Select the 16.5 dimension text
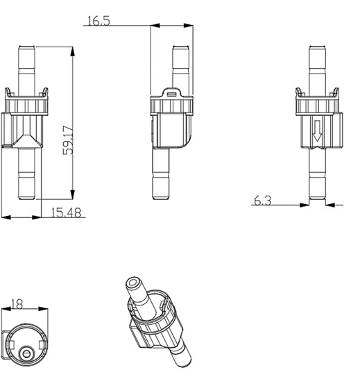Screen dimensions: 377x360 (x=98, y=22)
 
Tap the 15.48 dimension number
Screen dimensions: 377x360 (x=67, y=213)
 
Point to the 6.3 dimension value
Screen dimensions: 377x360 (x=263, y=201)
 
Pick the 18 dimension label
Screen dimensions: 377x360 (x=17, y=304)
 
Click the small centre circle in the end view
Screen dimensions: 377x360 (x=27, y=353)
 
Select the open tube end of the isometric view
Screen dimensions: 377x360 (x=132, y=285)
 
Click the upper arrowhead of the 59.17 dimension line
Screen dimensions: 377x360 (x=72, y=49)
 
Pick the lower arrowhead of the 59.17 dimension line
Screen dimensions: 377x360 (x=72, y=196)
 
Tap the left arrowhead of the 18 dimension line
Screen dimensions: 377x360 (x=5, y=309)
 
